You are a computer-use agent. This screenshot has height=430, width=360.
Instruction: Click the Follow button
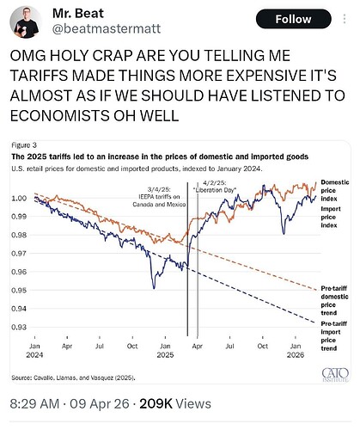[294, 19]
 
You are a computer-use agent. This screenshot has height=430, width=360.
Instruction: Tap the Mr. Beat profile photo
[26, 21]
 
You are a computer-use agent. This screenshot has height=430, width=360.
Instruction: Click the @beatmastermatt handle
[107, 29]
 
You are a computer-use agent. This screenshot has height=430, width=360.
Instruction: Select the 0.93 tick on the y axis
[19, 327]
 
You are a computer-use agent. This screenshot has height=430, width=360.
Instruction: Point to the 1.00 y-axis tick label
[19, 198]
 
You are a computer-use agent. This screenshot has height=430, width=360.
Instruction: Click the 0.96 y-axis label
[19, 272]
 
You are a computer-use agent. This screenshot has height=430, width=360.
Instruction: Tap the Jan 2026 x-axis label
[296, 350]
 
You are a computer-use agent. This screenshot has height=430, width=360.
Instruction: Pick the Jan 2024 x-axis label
[34, 350]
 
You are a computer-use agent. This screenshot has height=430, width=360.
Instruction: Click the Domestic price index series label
[335, 190]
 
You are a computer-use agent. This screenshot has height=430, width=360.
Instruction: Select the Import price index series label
[331, 217]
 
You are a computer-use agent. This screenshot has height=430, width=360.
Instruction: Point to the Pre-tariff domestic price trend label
[334, 300]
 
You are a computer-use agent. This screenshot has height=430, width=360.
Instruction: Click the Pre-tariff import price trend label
[333, 336]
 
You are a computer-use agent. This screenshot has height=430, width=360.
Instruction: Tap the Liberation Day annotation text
[215, 187]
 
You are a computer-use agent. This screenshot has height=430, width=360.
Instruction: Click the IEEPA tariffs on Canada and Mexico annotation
[159, 197]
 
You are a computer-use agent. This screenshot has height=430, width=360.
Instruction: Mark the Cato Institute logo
[335, 375]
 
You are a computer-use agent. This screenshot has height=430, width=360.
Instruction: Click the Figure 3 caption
[24, 145]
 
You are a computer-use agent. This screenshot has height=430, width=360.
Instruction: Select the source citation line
[73, 378]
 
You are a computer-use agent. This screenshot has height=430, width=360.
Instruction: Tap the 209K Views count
[175, 403]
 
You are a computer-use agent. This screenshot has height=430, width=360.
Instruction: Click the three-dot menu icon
[345, 19]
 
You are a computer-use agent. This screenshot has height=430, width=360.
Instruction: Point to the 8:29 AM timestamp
[34, 403]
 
